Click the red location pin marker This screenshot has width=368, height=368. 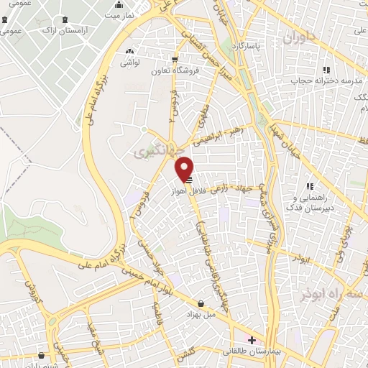pos(185,169)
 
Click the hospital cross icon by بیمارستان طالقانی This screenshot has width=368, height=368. pos(251,339)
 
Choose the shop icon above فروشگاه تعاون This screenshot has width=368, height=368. pos(174,60)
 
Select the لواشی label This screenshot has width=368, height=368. pos(129,63)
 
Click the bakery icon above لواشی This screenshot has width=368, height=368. pos(129,52)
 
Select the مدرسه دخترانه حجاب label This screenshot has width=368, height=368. pos(325,79)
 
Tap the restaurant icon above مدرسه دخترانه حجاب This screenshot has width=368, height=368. pos(326,69)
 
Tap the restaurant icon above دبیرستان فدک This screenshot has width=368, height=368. pos(310,186)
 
